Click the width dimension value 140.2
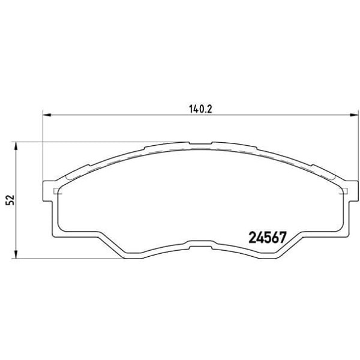coord(201,109)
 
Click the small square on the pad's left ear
coord(57,192)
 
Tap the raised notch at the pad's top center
coord(200,143)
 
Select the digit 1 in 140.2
coord(191,109)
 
